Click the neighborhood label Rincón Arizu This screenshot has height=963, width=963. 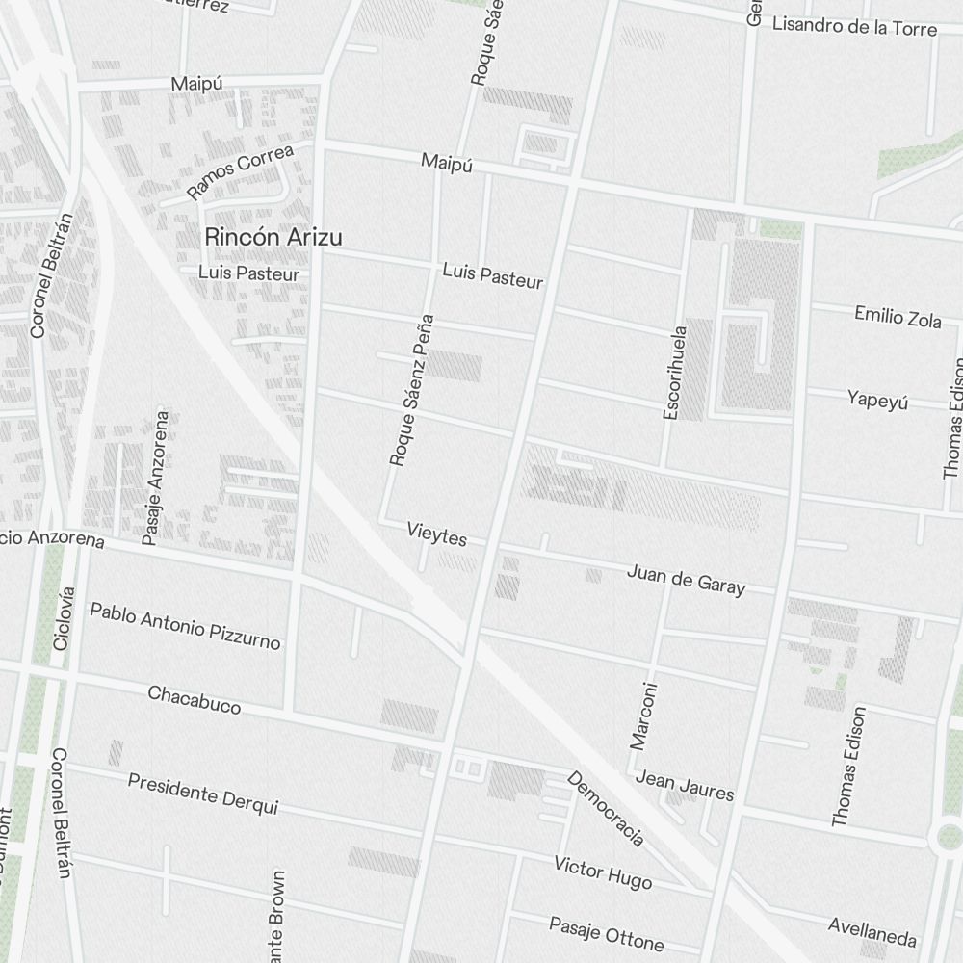[273, 236]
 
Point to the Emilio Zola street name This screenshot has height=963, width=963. [898, 316]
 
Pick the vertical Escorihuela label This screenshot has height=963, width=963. [675, 373]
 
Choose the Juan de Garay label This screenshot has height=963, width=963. [686, 580]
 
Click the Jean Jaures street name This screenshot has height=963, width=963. [685, 786]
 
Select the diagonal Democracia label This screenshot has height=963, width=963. [606, 809]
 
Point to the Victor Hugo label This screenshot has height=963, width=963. [603, 872]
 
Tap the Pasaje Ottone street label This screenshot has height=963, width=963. [606, 932]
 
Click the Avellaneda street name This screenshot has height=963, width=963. [872, 931]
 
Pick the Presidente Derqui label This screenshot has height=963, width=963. [202, 794]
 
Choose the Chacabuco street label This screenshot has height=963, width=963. [194, 699]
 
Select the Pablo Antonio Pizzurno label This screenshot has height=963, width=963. [185, 625]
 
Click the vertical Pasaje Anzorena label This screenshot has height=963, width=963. [155, 479]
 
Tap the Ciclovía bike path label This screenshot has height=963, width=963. [63, 617]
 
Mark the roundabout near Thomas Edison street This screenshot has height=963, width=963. [949, 837]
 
